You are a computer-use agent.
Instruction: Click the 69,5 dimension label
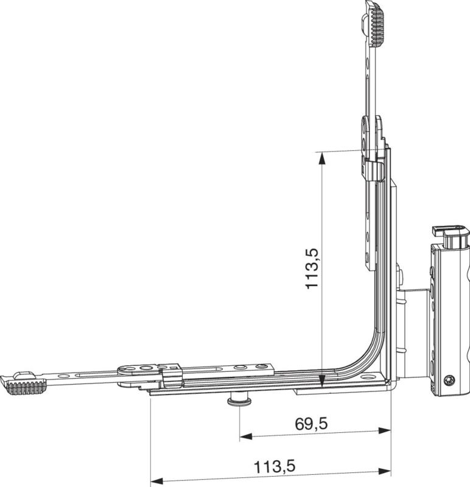tap(311, 424)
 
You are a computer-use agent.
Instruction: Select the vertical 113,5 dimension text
tap(312, 269)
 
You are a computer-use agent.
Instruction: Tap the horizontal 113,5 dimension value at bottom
tap(275, 466)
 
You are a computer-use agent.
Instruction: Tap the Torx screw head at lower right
tap(449, 380)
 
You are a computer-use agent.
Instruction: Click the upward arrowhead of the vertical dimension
tap(323, 158)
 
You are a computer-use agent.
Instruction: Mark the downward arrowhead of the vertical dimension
tap(322, 382)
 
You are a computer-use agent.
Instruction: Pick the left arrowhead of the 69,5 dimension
tap(246, 436)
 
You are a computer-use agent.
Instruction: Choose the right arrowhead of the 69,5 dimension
tap(385, 431)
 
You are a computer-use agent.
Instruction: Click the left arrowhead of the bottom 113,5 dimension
tap(157, 482)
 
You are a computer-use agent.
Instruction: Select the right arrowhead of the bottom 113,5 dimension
tap(385, 472)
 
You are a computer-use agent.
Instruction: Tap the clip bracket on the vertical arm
tap(373, 170)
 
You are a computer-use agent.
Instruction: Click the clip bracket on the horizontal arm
tap(172, 376)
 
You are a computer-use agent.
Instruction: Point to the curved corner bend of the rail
tap(367, 354)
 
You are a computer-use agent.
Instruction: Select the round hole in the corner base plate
tap(369, 377)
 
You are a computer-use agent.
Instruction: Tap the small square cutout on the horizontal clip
tap(174, 369)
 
